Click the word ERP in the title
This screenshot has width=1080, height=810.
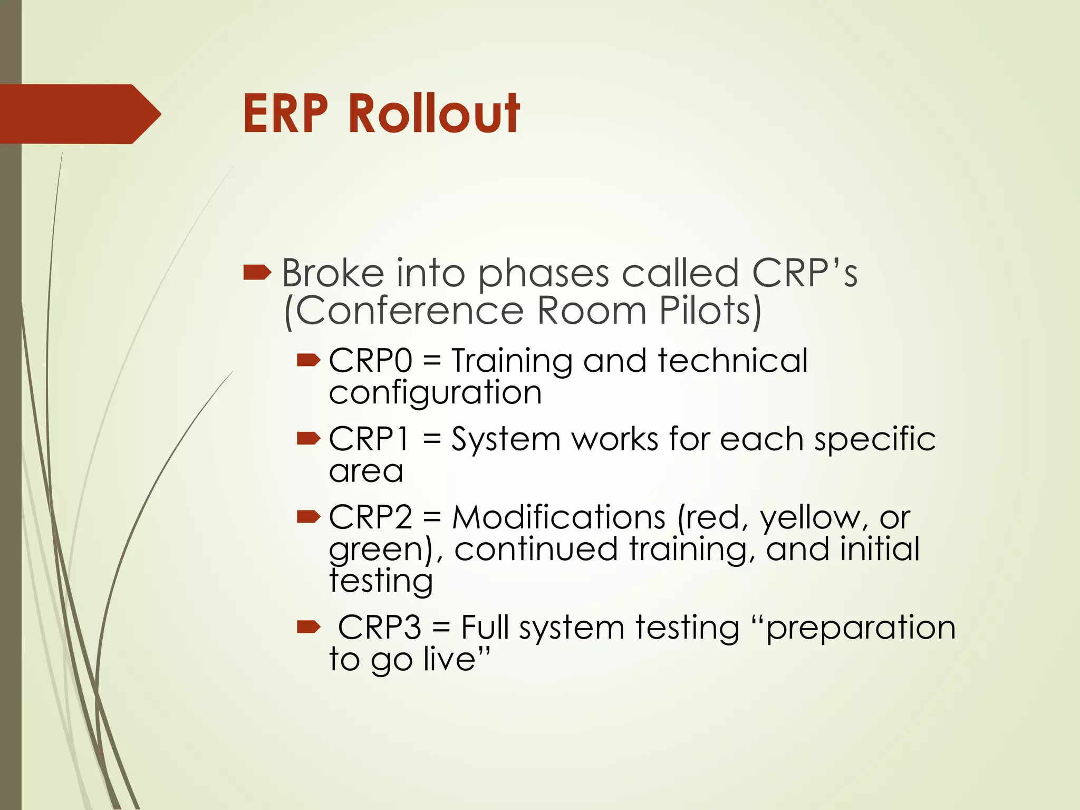[285, 113]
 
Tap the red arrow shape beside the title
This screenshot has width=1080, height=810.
[79, 114]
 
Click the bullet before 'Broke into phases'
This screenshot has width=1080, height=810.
[257, 273]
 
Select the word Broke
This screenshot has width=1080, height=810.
[333, 273]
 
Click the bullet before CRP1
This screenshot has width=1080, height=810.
[308, 438]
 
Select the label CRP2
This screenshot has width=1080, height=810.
[370, 517]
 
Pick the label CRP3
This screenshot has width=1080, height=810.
[379, 628]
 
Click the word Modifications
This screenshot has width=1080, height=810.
[558, 517]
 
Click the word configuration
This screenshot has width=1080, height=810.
[435, 393]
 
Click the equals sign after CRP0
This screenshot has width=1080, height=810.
[431, 362]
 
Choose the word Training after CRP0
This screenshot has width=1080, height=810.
[512, 362]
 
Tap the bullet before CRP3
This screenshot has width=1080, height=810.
[308, 627]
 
